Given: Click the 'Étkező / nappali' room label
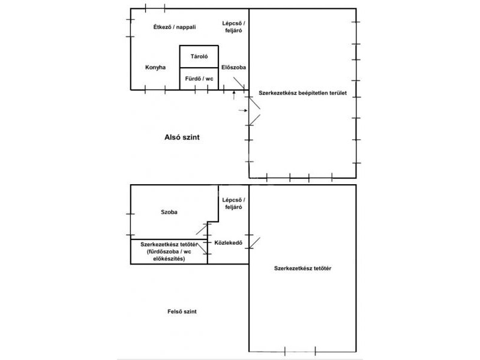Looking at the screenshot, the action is click(x=175, y=27).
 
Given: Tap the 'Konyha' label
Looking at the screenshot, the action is click(x=155, y=67).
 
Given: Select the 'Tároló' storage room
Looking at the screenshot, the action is click(x=199, y=56).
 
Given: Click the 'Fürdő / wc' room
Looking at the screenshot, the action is click(x=199, y=79).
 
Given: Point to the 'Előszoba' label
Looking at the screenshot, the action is click(x=233, y=67).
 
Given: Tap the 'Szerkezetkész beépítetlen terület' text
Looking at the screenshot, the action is click(x=303, y=93).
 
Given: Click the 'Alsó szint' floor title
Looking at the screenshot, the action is click(x=182, y=137).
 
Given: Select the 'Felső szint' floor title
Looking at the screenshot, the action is click(x=182, y=311).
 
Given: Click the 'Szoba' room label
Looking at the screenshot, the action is click(x=169, y=212).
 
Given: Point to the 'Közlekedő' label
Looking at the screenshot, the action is click(x=229, y=243).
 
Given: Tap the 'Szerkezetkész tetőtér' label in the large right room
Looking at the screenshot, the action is click(x=303, y=268).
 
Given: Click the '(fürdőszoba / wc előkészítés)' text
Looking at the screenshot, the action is click(x=169, y=256).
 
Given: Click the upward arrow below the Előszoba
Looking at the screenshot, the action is click(x=234, y=95).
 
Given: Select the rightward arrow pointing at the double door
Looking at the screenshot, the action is click(x=243, y=110).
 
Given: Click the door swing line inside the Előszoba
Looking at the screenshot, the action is click(x=239, y=83).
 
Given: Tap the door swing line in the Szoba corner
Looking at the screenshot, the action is click(x=202, y=229).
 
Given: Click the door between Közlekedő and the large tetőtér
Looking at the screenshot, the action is click(x=254, y=243).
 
